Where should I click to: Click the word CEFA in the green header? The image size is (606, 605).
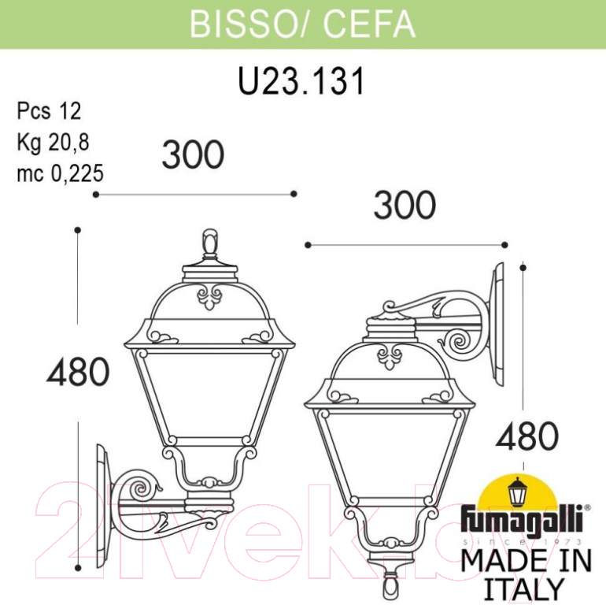tap(369, 24)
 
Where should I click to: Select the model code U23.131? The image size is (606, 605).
tap(301, 81)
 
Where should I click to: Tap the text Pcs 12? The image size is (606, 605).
tap(49, 111)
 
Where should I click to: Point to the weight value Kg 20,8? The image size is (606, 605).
tap(53, 143)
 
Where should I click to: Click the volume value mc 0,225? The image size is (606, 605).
tap(61, 173)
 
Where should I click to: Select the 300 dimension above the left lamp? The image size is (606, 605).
tap(194, 154)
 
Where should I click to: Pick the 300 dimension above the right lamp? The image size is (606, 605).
tap(405, 205)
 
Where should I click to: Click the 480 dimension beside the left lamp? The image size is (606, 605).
tap(78, 372)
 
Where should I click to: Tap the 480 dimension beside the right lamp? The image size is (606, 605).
tap(527, 436)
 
